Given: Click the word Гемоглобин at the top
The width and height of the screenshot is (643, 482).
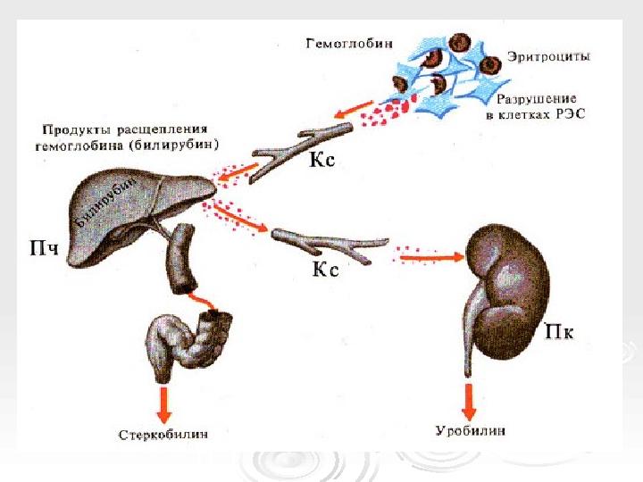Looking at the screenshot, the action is pyautogui.click(x=349, y=44).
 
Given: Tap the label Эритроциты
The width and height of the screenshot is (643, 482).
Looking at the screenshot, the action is pyautogui.click(x=548, y=56).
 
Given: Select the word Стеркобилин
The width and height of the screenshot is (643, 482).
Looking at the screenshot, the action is pyautogui.click(x=163, y=435).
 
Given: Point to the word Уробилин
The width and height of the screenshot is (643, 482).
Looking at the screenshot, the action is pyautogui.click(x=470, y=431).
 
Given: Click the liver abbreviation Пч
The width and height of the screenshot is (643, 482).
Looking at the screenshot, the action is pyautogui.click(x=45, y=248).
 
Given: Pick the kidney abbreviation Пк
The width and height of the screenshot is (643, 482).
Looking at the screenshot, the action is pyautogui.click(x=558, y=331).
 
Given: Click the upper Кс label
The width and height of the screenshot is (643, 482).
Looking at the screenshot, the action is pyautogui.click(x=321, y=159).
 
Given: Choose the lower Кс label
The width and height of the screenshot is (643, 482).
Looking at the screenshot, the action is pyautogui.click(x=326, y=269).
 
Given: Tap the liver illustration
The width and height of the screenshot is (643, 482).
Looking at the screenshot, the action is pyautogui.click(x=139, y=217).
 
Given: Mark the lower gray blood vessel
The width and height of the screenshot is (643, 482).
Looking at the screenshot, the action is pyautogui.click(x=330, y=245).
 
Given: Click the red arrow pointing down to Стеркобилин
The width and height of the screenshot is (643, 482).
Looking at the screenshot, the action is pyautogui.click(x=164, y=404).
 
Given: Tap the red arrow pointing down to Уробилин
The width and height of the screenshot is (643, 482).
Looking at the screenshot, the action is pyautogui.click(x=469, y=402).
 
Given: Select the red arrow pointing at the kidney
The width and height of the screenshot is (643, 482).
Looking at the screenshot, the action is pyautogui.click(x=431, y=257).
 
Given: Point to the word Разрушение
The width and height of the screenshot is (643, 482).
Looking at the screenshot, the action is pyautogui.click(x=537, y=99).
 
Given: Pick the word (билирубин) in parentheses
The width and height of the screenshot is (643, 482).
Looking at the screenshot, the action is pyautogui.click(x=174, y=145).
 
